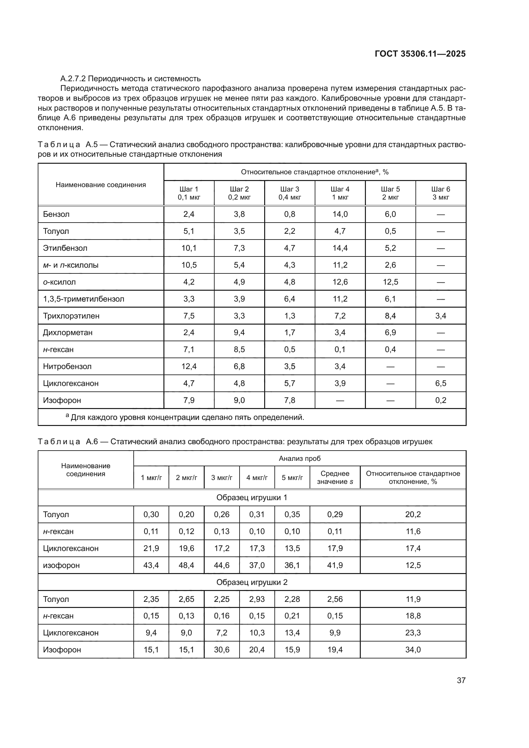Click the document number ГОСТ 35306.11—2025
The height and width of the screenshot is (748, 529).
[x=420, y=54]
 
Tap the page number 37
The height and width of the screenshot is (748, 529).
[x=461, y=680]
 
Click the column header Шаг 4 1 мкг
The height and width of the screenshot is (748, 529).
[x=340, y=193]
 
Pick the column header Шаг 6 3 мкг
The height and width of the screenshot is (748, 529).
[x=441, y=193]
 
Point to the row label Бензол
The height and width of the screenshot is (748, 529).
[x=56, y=214]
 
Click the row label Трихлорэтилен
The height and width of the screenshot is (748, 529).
[x=71, y=316]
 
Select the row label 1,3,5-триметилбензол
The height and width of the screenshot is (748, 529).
[x=83, y=299]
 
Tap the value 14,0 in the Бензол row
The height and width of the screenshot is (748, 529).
[x=340, y=214]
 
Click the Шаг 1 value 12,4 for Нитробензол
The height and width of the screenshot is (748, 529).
[x=189, y=366]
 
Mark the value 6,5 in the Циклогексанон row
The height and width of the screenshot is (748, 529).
[x=441, y=383]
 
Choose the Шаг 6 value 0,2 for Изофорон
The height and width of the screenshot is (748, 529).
[x=441, y=400]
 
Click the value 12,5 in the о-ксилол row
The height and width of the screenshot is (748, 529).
[x=390, y=282]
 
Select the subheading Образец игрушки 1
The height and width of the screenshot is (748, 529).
[x=252, y=498]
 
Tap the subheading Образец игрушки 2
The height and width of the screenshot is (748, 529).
[x=252, y=582]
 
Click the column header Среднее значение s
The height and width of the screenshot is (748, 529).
[x=335, y=477]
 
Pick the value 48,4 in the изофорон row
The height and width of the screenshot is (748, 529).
[x=186, y=565]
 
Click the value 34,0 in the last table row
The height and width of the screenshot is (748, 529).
[x=413, y=650]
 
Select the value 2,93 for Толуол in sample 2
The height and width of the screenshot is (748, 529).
[x=257, y=599]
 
